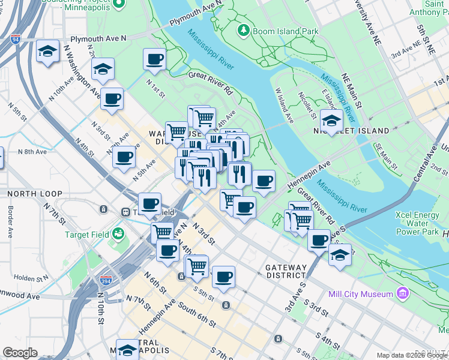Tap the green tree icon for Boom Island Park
click(244, 29)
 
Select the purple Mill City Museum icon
click(402, 293)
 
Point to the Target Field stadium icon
click(118, 232)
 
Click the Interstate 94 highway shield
click(15, 40)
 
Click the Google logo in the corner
click(20, 353)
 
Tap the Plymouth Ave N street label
click(98, 38)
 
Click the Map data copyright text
click(412, 355)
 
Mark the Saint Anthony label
click(428, 8)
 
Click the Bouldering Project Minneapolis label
click(80, 5)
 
